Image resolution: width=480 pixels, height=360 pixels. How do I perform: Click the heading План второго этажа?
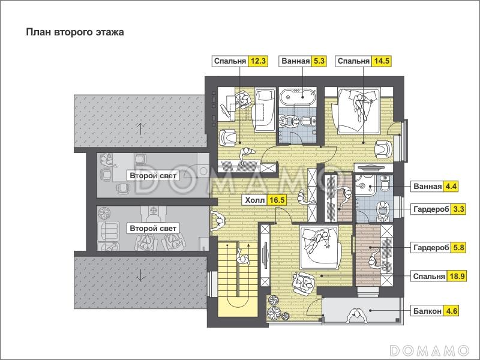tap(75, 32)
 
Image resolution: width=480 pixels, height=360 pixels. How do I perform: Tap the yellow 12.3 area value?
tap(258, 61)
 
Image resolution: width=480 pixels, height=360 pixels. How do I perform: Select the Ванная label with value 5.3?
tap(295, 61)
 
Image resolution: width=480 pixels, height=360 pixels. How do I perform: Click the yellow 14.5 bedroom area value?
tap(382, 61)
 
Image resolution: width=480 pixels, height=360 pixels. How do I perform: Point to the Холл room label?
tap(254, 200)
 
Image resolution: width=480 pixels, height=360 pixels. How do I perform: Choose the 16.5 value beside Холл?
tap(277, 200)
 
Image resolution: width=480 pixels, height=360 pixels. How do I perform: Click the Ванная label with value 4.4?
tap(427, 187)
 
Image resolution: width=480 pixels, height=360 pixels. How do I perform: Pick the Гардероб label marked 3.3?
tap(431, 209)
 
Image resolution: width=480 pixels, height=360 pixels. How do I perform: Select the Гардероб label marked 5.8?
tap(431, 247)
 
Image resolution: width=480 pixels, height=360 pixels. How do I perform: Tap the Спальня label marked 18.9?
tap(429, 277)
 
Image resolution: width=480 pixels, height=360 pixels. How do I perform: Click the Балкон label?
tap(427, 311)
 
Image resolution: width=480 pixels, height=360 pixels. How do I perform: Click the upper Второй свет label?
tap(153, 176)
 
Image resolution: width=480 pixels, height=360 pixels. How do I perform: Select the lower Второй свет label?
tap(153, 229)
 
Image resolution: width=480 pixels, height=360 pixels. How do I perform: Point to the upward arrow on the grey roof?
tap(140, 128)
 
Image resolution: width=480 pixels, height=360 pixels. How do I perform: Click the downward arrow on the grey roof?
tap(140, 275)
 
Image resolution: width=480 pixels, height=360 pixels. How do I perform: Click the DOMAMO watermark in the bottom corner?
tap(430, 350)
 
